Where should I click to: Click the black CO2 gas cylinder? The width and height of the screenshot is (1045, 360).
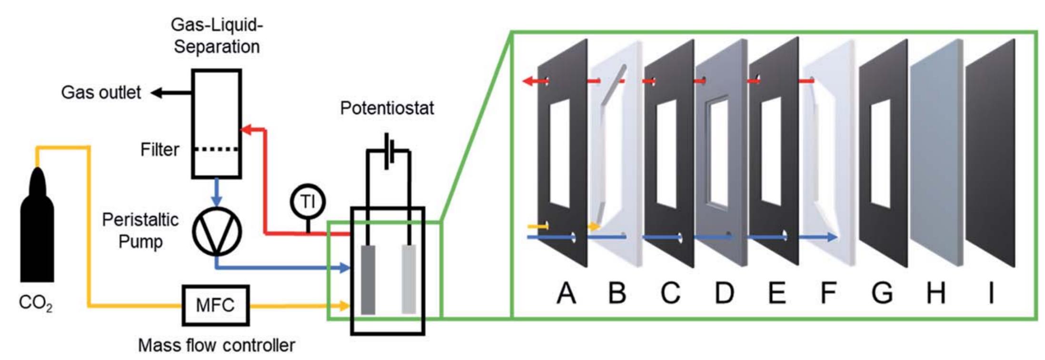pyautogui.click(x=37, y=233)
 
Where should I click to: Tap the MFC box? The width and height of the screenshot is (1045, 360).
pyautogui.click(x=215, y=305)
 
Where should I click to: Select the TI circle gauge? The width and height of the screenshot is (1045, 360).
pyautogui.click(x=308, y=201)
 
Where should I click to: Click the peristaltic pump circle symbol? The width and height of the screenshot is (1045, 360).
pyautogui.click(x=217, y=231)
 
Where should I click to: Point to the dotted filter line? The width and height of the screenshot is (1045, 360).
pyautogui.click(x=217, y=149)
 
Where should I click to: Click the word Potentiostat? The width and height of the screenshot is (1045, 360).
pyautogui.click(x=387, y=108)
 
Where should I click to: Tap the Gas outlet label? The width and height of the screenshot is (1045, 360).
pyautogui.click(x=101, y=92)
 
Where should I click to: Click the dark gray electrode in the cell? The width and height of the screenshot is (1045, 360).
pyautogui.click(x=368, y=280)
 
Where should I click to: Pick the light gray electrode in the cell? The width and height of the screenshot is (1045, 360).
pyautogui.click(x=408, y=279)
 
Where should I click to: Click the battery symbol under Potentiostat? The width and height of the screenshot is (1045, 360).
pyautogui.click(x=388, y=150)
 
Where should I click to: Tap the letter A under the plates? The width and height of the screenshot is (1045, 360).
pyautogui.click(x=566, y=293)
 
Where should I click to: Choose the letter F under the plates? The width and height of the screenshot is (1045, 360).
pyautogui.click(x=828, y=293)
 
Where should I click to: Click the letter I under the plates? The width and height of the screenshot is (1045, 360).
pyautogui.click(x=991, y=293)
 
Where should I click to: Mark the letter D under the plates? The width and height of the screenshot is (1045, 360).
pyautogui.click(x=724, y=293)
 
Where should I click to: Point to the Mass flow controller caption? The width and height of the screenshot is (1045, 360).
pyautogui.click(x=216, y=345)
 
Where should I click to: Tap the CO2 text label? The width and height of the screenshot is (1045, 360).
pyautogui.click(x=35, y=303)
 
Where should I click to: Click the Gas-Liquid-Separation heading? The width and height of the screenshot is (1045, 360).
pyautogui.click(x=217, y=36)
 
